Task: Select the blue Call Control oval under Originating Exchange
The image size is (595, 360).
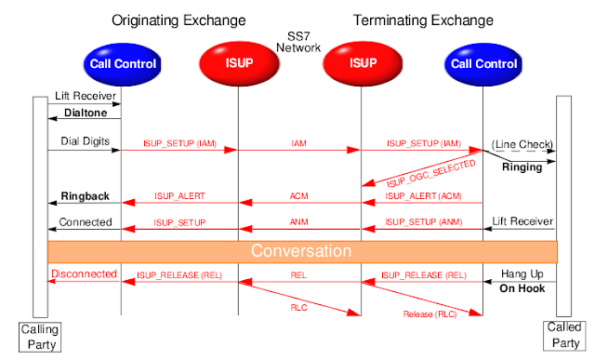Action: click(x=121, y=64)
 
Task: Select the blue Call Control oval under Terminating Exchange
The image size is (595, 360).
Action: click(x=482, y=64)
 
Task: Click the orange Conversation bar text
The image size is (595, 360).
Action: click(x=301, y=251)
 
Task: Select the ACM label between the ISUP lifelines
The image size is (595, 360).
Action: click(x=299, y=196)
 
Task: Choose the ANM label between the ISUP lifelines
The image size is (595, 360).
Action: click(x=299, y=222)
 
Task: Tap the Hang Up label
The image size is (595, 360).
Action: click(x=520, y=275)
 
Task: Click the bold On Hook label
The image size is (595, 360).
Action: click(x=520, y=289)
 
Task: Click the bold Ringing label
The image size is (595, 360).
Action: click(x=522, y=169)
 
